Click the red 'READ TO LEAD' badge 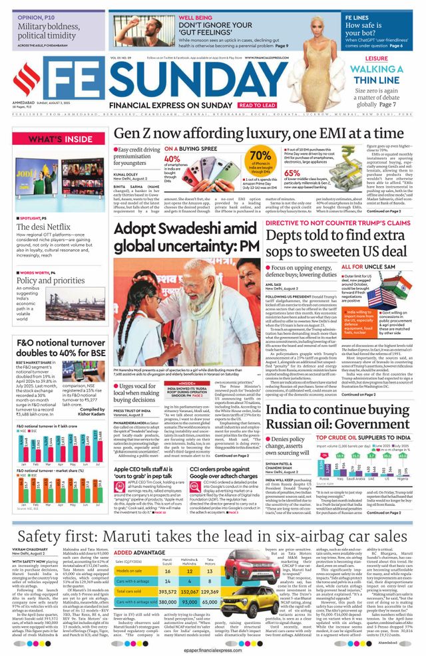pyautogui.click(x=258, y=105)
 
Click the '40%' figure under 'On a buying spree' pyautogui.click(x=172, y=159)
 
